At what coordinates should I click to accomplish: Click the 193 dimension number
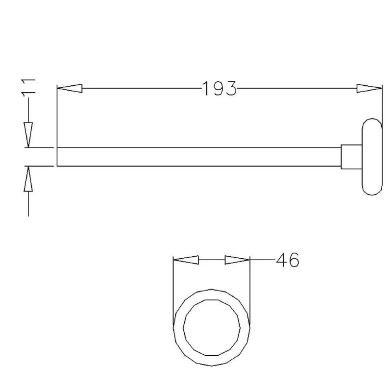[219, 89]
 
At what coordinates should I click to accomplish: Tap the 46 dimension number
[288, 260]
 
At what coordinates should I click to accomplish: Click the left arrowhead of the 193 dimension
[70, 89]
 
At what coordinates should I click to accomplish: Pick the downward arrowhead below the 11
[28, 135]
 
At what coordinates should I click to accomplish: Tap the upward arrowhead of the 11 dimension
[28, 179]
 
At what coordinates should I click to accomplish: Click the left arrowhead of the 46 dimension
[187, 260]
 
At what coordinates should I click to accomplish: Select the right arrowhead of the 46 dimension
[237, 260]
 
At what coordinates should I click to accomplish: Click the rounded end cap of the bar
[371, 156]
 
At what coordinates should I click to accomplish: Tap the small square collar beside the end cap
[351, 156]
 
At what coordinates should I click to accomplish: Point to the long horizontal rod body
[196, 156]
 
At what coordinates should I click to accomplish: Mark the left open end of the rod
[57, 156]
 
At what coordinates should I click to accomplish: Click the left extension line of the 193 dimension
[57, 118]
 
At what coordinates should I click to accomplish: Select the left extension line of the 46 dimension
[174, 289]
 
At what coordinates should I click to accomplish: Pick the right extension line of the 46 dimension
[250, 289]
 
